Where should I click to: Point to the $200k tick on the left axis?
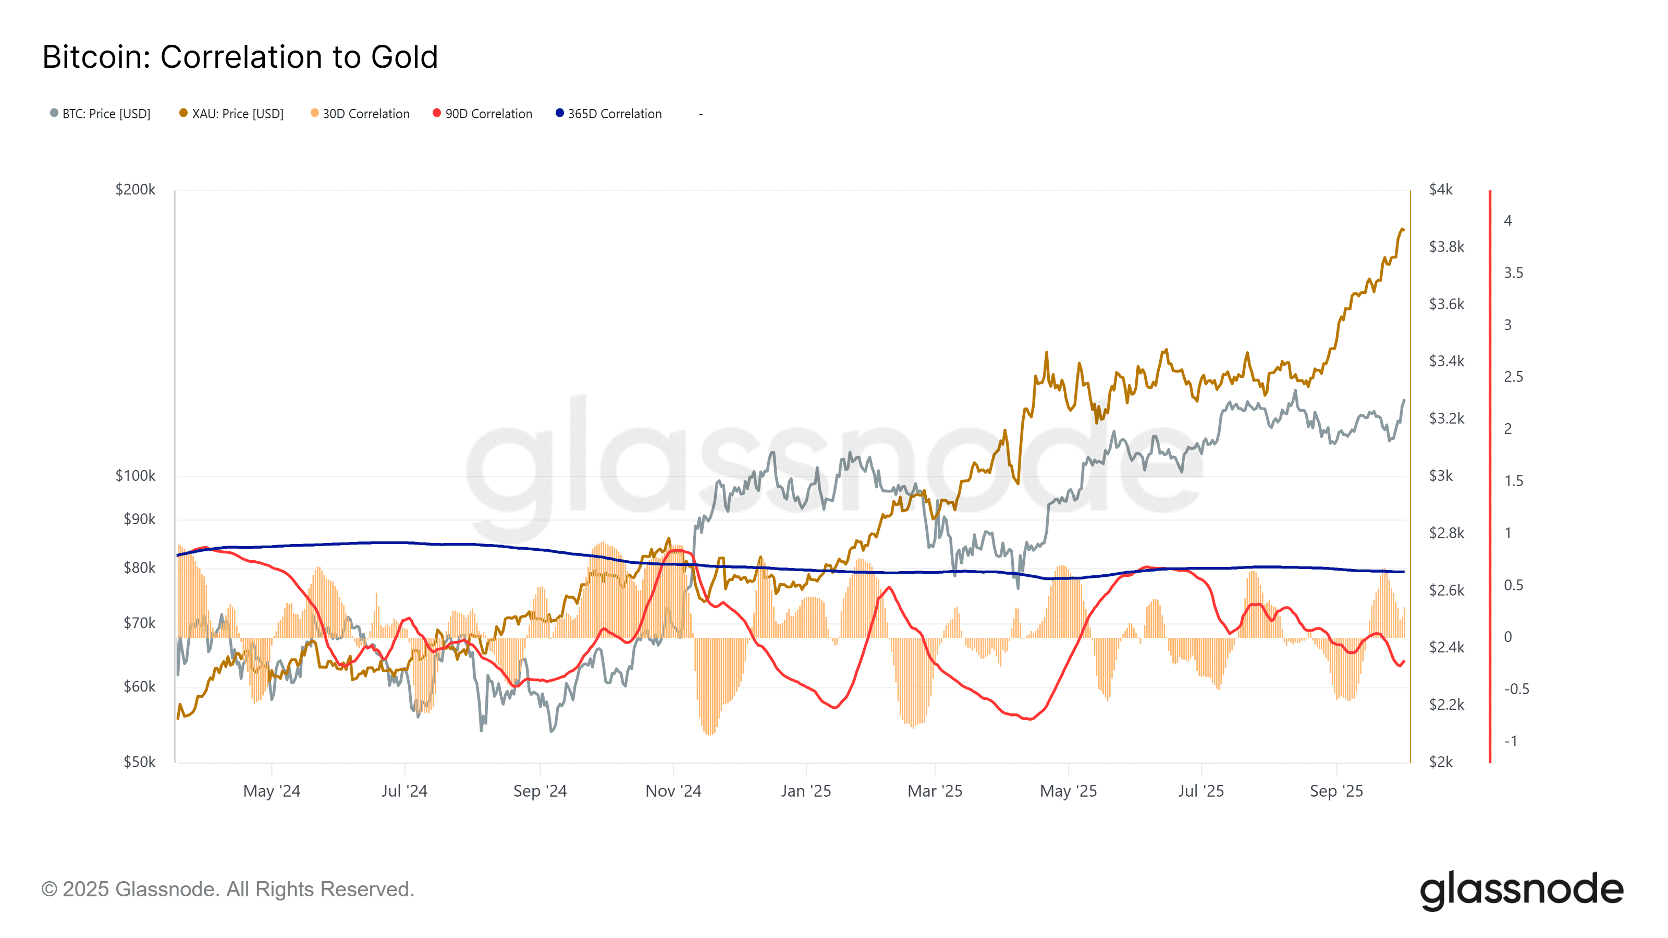[x=136, y=190]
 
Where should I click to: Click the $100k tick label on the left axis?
[x=136, y=476]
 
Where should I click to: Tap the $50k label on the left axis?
[x=139, y=762]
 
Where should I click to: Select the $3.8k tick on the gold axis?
[x=1446, y=246]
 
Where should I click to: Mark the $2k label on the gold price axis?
[x=1441, y=762]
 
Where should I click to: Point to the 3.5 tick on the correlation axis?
[x=1513, y=273]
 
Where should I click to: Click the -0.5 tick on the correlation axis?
[x=1516, y=689]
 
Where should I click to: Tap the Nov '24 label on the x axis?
[x=673, y=791]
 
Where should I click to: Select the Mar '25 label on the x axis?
[x=935, y=791]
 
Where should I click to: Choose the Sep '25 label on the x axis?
[x=1336, y=791]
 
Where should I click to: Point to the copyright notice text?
[x=227, y=890]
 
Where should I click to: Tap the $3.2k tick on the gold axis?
[x=1446, y=418]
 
